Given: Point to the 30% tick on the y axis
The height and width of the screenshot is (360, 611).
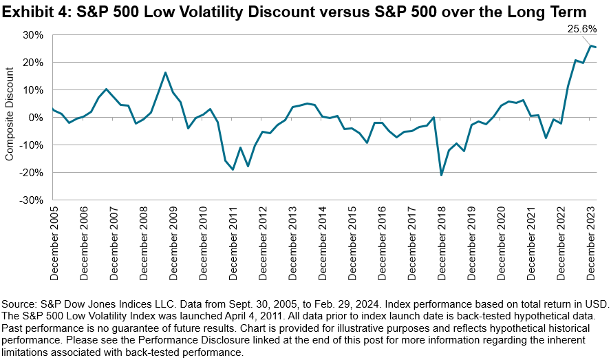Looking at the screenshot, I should (34, 34).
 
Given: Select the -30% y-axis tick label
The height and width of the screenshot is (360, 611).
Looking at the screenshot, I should (33, 200).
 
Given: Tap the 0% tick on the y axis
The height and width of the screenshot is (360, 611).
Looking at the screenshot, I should (37, 117).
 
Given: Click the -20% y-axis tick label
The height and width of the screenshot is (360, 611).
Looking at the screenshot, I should (33, 172).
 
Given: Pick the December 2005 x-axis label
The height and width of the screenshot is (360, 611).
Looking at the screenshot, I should (54, 243).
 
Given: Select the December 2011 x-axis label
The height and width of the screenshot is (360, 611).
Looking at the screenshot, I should (233, 243).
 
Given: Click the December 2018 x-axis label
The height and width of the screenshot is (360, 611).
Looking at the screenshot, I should (441, 243).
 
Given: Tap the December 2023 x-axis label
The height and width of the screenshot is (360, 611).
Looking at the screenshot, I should (590, 243).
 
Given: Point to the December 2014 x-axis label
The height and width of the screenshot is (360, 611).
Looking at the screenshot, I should (323, 243).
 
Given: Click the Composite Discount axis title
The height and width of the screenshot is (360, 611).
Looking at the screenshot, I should (10, 117).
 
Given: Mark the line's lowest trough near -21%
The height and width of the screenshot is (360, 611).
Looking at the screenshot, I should (441, 175).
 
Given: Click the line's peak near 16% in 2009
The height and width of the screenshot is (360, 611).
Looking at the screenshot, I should (165, 72).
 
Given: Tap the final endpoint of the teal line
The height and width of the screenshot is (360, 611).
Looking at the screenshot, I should (595, 47).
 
